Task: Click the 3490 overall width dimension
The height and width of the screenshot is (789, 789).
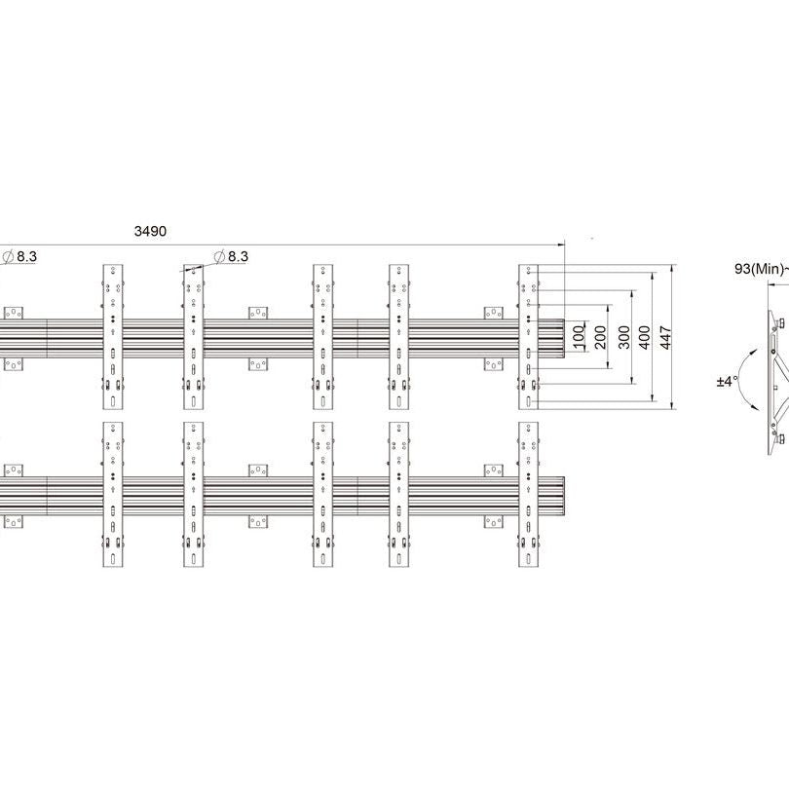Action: [150, 231]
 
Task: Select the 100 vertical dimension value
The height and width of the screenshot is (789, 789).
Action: [580, 335]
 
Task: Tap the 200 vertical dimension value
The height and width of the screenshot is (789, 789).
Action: [600, 337]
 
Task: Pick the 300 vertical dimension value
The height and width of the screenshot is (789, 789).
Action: [623, 337]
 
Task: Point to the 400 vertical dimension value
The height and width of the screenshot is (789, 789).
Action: [645, 337]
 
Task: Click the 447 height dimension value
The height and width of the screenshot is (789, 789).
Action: [665, 338]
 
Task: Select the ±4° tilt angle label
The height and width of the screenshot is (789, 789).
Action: [727, 382]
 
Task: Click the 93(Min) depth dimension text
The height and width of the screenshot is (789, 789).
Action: [759, 269]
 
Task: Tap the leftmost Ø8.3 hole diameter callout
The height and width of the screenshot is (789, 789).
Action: [19, 256]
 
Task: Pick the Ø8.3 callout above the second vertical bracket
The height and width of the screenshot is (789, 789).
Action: [231, 256]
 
